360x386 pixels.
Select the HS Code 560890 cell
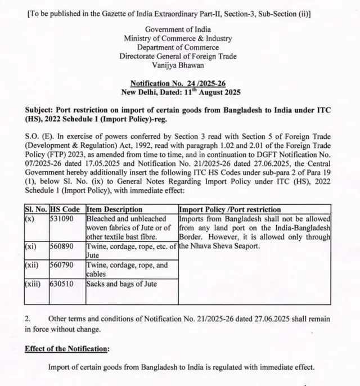(62, 246)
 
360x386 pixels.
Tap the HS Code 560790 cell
(62, 265)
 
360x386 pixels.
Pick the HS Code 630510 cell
(62, 284)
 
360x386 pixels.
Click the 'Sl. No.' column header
(37, 209)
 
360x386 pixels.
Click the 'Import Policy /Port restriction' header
(229, 209)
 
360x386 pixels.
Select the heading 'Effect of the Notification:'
(67, 349)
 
